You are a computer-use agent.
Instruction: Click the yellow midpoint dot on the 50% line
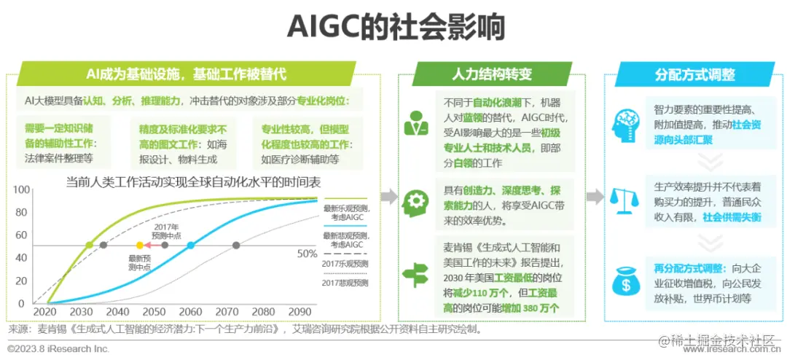pos(140,245)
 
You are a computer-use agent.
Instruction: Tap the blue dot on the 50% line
pos(191,245)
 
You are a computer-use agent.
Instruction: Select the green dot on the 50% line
pos(90,245)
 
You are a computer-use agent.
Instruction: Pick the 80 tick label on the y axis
pos(21,212)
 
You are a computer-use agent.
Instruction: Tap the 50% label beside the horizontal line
pos(308,254)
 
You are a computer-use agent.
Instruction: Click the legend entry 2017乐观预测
pos(345,263)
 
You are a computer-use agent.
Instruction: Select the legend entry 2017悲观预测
pos(345,282)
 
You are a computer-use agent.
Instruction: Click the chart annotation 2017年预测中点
pos(167,230)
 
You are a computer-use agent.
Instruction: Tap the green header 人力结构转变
pos(493,74)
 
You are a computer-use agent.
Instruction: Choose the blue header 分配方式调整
pos(695,74)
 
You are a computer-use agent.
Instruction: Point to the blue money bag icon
pos(626,281)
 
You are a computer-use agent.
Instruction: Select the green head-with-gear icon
pos(417,201)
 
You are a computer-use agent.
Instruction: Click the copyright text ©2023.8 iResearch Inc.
pos(58,348)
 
